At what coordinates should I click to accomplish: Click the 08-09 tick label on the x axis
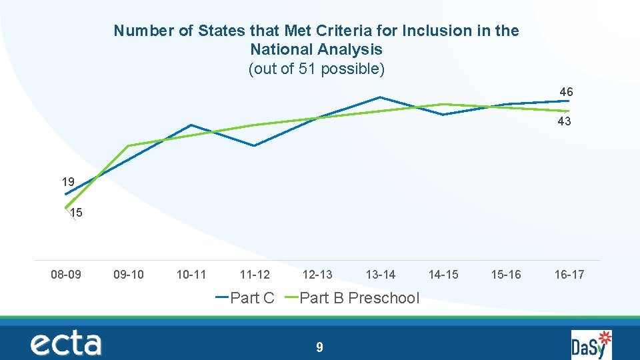[66, 274]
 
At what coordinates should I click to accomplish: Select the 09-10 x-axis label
[129, 274]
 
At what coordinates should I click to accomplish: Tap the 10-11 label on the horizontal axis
[191, 274]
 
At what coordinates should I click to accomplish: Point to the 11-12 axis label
[255, 274]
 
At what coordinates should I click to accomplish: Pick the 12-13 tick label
[317, 274]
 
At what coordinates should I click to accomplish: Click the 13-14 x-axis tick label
[381, 274]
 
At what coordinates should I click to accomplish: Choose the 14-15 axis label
[443, 274]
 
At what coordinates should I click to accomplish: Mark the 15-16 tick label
[506, 274]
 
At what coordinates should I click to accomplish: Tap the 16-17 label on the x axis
[569, 274]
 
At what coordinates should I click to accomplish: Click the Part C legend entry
[245, 298]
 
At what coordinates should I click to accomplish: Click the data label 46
[566, 91]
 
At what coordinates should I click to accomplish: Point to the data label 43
[564, 121]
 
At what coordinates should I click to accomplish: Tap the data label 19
[68, 181]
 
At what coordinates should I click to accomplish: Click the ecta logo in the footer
[65, 344]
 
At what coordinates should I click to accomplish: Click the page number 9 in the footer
[320, 347]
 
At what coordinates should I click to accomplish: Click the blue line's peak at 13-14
[379, 97]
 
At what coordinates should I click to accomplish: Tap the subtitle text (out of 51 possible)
[317, 69]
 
